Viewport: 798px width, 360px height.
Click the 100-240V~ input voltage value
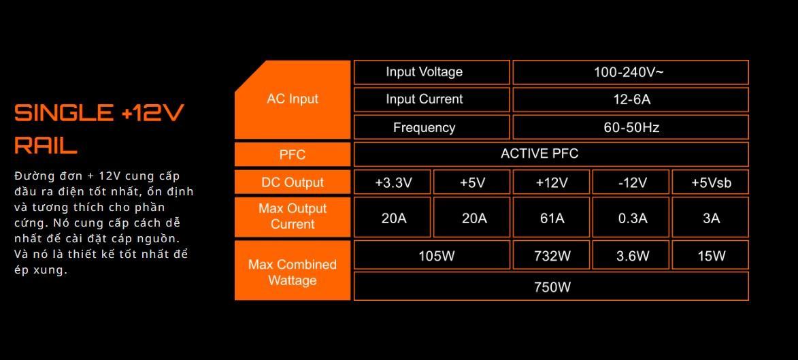630,72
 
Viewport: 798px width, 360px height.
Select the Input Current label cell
431,99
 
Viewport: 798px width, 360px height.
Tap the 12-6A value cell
630,99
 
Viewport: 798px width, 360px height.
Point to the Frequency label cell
431,127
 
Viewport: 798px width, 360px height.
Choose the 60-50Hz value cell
630,127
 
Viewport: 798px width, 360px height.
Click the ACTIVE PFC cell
551,154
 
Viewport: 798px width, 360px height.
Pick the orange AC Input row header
293,99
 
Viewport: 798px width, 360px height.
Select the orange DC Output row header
293,182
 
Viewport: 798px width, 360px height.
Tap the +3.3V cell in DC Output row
393,182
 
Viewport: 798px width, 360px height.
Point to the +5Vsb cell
710,182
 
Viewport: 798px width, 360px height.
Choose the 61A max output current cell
551,218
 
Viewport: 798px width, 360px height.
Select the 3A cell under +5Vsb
710,218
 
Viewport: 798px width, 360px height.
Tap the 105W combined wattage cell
431,255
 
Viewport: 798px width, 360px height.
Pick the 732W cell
551,255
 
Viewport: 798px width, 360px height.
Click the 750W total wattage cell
551,287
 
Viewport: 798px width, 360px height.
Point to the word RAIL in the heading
46,145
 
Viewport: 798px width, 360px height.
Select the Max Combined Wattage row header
293,272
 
